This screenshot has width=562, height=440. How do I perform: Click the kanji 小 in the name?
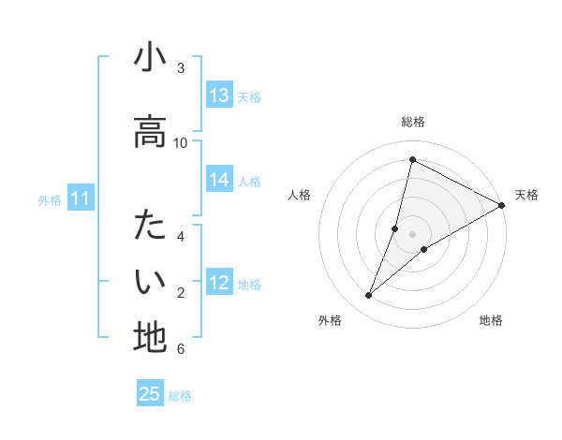[150, 59]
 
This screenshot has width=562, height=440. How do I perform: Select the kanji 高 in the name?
[150, 132]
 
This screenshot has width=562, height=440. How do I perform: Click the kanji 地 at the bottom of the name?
[150, 336]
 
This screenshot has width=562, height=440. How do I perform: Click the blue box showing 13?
[219, 95]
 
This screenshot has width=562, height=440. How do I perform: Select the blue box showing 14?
[219, 180]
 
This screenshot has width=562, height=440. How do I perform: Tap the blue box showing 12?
[219, 283]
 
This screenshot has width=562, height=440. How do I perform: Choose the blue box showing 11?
[81, 198]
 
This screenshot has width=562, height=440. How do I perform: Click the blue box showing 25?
[150, 394]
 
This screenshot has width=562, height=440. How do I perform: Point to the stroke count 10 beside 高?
[181, 142]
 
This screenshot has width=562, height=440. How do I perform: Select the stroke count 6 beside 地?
[181, 348]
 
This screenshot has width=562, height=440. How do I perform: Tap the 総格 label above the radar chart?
[412, 123]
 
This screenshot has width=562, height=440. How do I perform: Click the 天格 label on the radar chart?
[526, 195]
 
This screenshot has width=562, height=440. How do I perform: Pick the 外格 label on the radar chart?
[330, 320]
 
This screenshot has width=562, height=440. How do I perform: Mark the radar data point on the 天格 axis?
[502, 205]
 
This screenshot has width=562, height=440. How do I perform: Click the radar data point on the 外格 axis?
[369, 296]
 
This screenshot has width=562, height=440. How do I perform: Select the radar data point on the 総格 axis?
[412, 159]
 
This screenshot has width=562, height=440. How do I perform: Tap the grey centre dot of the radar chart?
[412, 234]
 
